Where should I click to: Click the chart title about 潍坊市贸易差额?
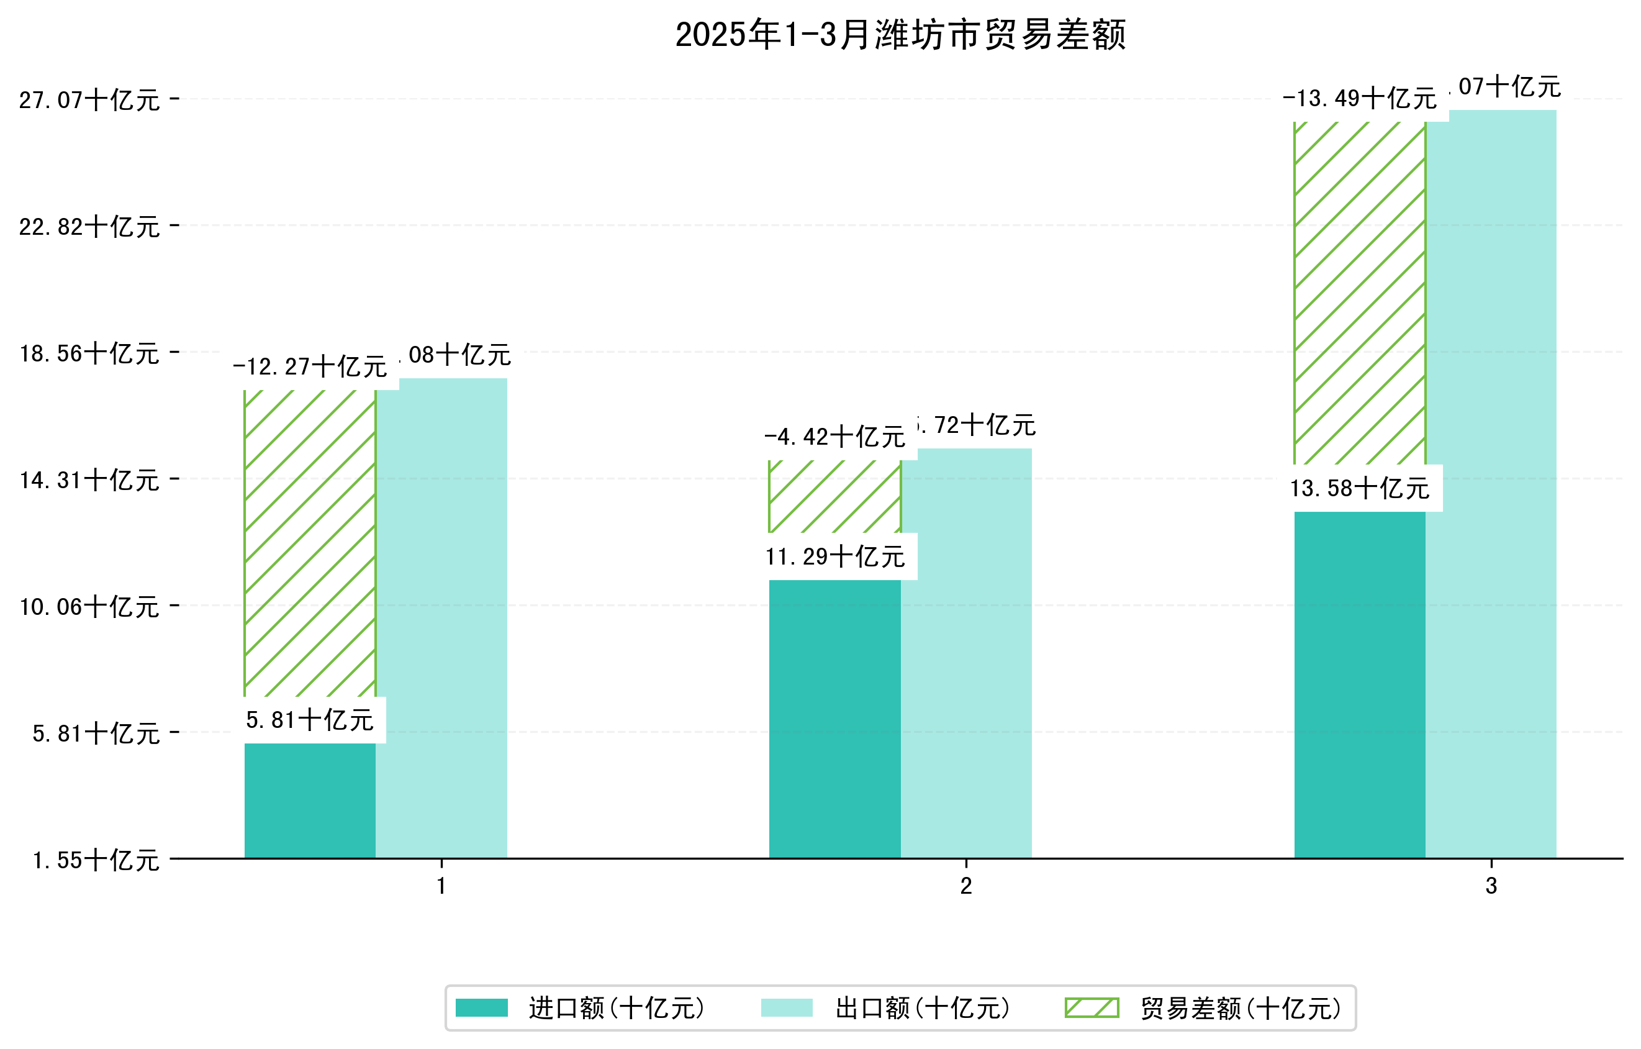tap(900, 35)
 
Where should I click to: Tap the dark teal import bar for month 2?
tap(835, 719)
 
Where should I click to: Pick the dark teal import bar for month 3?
tap(1360, 684)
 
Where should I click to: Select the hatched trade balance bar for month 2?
tap(835, 496)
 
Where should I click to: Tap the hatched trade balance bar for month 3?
tap(1360, 293)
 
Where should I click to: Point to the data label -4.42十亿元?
tap(835, 437)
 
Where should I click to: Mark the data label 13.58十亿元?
tap(1360, 489)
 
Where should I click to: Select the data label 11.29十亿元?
tap(835, 557)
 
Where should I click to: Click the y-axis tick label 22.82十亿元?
tap(89, 227)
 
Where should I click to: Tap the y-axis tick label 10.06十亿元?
tap(89, 607)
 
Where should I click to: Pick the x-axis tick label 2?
tap(966, 886)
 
